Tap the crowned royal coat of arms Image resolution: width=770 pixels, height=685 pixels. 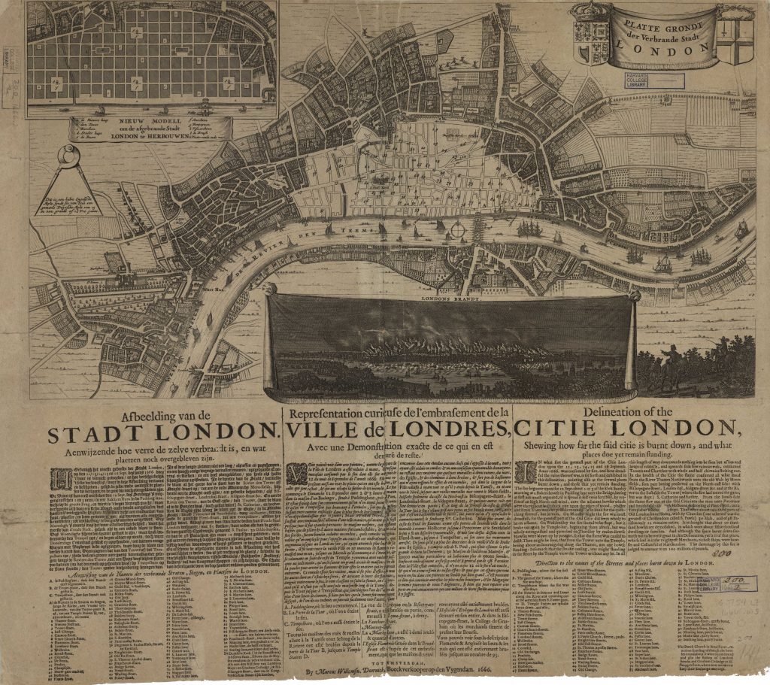click(x=589, y=34)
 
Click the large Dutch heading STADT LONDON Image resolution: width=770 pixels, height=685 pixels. click(x=162, y=435)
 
